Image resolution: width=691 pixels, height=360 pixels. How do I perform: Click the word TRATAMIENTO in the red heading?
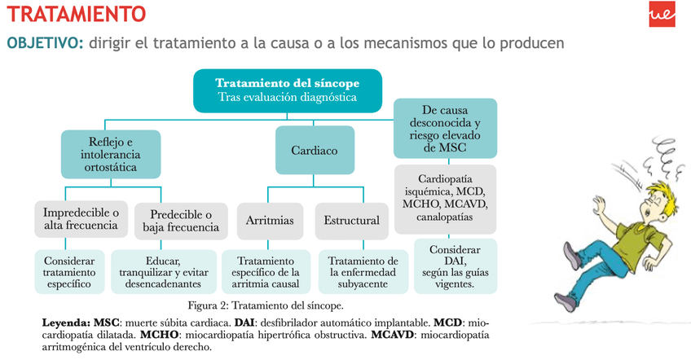[77, 14]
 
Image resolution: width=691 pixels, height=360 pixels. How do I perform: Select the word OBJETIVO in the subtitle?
[44, 42]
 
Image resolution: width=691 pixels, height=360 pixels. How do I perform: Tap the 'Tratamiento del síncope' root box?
[287, 90]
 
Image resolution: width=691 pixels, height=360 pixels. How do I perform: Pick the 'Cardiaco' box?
[314, 151]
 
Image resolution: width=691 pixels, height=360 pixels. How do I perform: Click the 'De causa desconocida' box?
[445, 129]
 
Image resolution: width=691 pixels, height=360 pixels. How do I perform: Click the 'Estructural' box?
[351, 220]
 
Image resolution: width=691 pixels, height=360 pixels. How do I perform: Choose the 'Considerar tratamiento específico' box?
[70, 271]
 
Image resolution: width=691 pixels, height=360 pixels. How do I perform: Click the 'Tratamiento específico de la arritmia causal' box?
[265, 272]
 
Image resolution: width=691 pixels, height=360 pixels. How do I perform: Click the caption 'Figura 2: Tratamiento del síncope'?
[266, 305]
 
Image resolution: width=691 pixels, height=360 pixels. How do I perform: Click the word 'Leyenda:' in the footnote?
[66, 323]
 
